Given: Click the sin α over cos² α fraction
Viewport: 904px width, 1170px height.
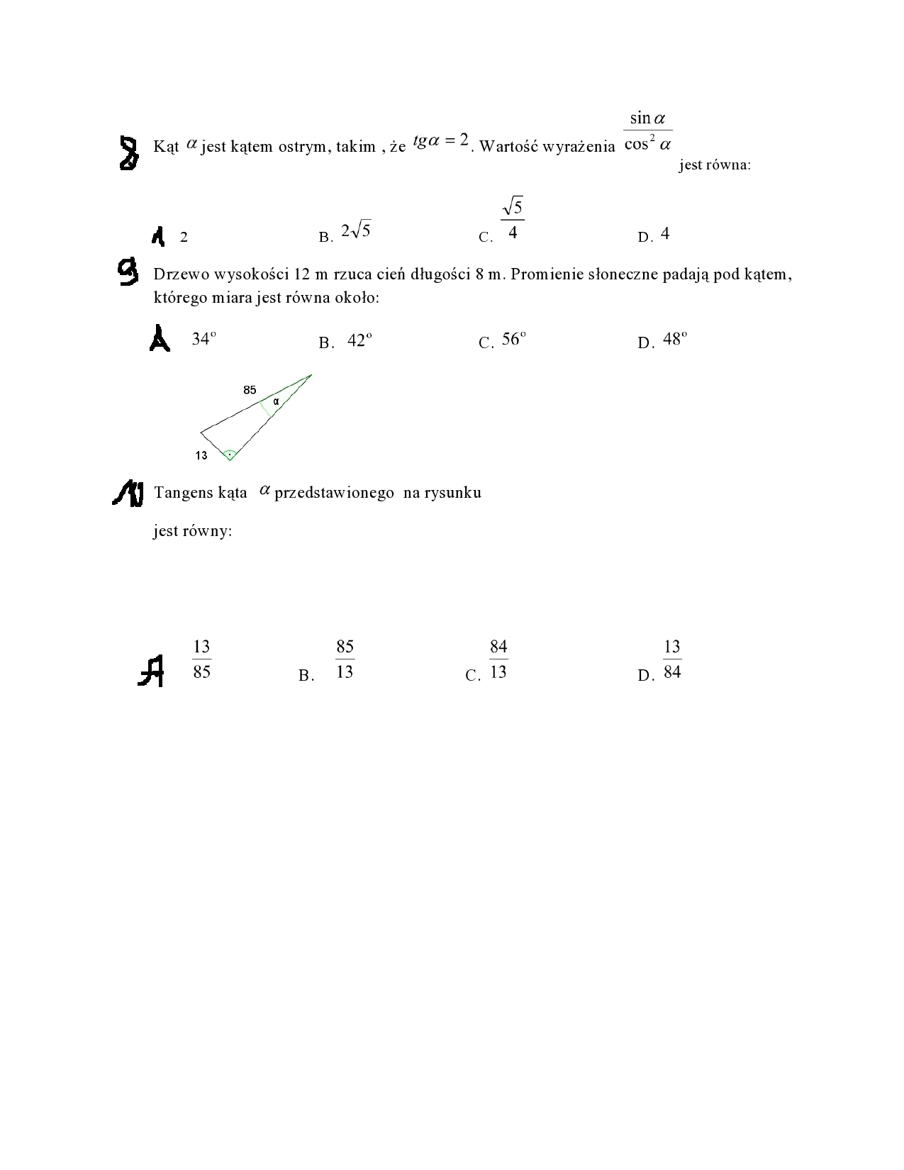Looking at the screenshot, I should coord(648,131).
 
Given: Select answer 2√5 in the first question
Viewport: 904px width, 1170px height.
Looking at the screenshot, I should coord(356,231).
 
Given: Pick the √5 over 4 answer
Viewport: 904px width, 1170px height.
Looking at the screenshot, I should coord(513,220).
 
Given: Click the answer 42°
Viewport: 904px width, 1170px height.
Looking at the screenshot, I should coord(359,340).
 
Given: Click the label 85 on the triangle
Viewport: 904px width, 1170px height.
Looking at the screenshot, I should coord(250,390).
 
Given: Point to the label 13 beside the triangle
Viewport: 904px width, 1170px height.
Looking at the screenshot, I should coord(201,455).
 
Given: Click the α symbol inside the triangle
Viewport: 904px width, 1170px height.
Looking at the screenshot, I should coord(277,402).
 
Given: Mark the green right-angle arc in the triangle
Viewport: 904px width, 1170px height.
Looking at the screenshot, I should coord(229,455).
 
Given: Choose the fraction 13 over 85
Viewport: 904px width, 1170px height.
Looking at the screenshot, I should coord(201,659).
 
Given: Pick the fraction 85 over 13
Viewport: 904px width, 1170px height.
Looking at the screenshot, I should coord(345,659).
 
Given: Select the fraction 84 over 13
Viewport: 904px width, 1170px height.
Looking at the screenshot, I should coord(498,659).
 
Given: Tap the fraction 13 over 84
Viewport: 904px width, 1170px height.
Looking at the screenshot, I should coord(672,659).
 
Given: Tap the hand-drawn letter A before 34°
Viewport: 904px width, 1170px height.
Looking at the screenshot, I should coord(160,338).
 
